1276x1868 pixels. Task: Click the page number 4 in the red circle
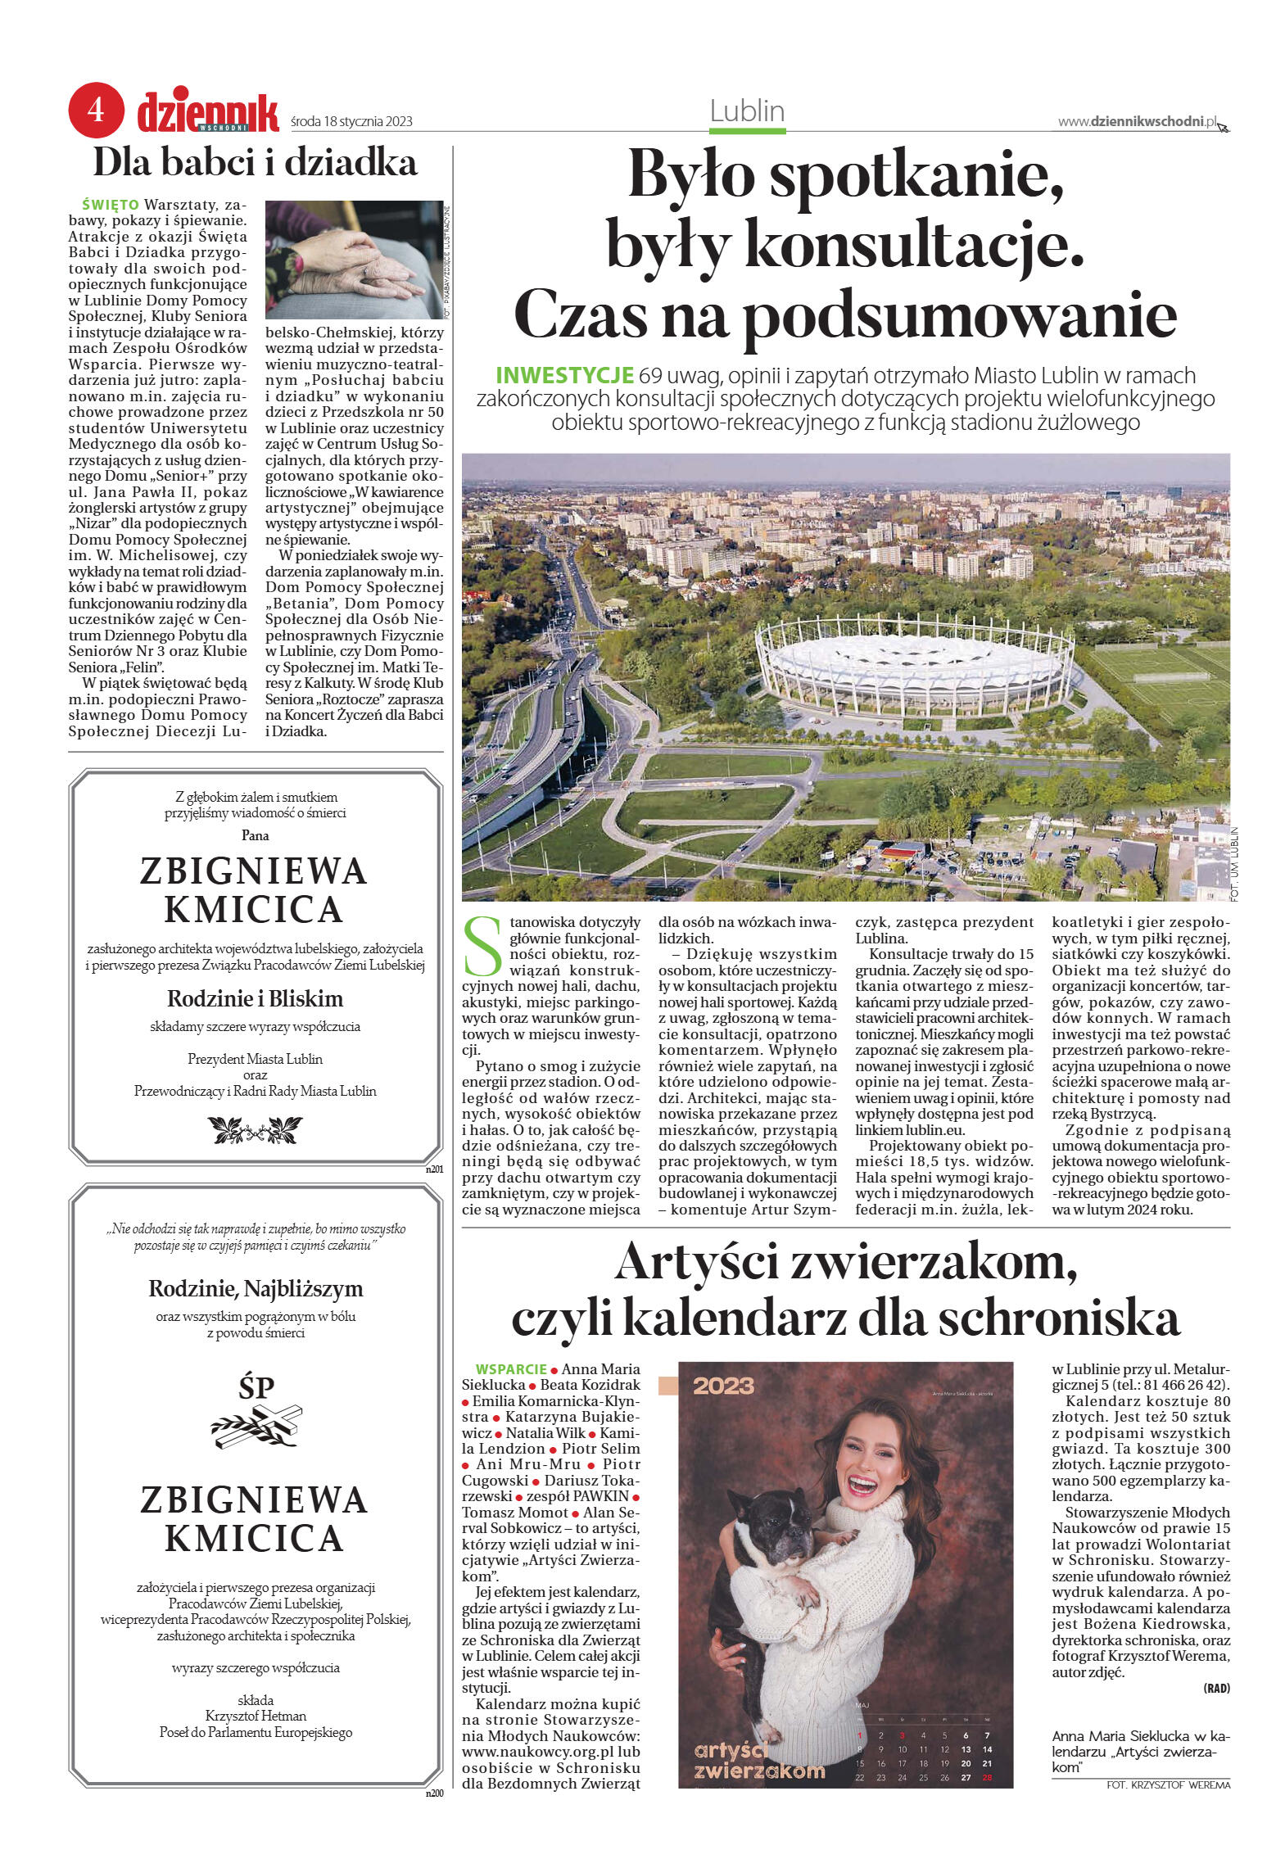click(96, 110)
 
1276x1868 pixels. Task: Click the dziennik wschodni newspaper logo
click(207, 112)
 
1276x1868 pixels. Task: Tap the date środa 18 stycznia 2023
click(351, 122)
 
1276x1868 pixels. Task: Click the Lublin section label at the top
click(747, 111)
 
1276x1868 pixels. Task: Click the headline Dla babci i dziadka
click(255, 163)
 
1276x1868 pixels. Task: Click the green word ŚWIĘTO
click(111, 204)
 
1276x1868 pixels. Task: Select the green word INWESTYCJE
click(564, 376)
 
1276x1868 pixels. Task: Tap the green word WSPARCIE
click(510, 1368)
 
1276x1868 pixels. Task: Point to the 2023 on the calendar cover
click(723, 1386)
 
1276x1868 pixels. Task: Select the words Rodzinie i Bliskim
click(255, 998)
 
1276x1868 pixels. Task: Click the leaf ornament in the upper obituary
click(255, 1130)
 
